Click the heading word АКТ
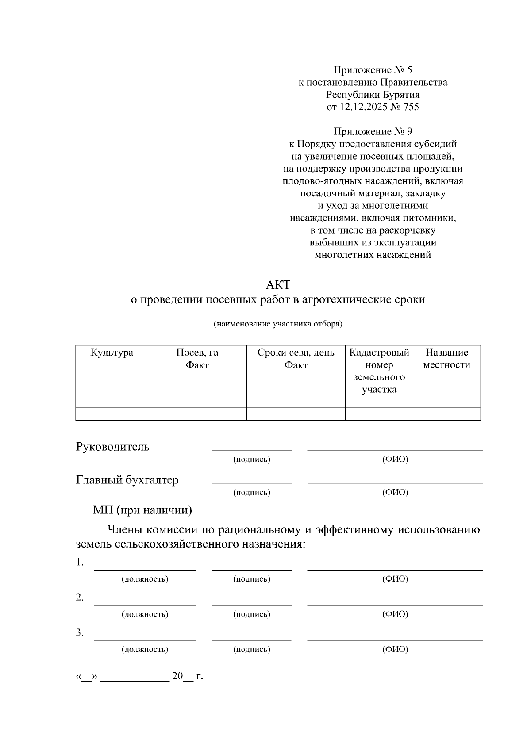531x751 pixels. [x=278, y=284]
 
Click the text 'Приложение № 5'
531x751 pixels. [x=373, y=70]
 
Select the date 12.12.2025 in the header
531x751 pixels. [x=363, y=107]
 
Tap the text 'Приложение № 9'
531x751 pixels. [x=373, y=131]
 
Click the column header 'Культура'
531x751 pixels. [x=112, y=353]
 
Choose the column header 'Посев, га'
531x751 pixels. [x=197, y=353]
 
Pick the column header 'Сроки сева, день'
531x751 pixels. [x=296, y=353]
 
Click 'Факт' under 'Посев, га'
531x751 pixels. [x=197, y=365]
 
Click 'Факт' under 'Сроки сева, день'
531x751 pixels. [x=296, y=365]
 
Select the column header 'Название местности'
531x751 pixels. [x=446, y=359]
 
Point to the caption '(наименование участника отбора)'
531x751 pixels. [x=278, y=324]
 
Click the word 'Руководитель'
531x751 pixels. [x=113, y=447]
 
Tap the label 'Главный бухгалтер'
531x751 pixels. [x=127, y=480]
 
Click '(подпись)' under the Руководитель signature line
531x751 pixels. [x=251, y=459]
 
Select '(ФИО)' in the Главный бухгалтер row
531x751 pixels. [x=395, y=492]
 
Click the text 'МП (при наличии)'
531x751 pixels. [x=142, y=510]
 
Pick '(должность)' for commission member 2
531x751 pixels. [x=145, y=614]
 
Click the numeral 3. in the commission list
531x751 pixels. [x=80, y=633]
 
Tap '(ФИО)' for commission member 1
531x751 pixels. [x=395, y=579]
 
